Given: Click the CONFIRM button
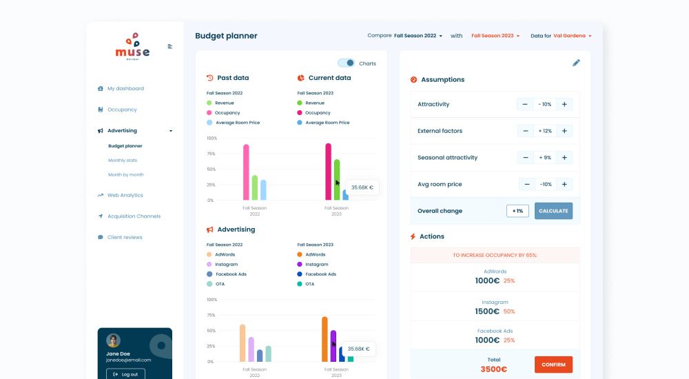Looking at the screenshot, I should pyautogui.click(x=553, y=365).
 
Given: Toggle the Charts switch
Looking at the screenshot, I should pyautogui.click(x=346, y=63).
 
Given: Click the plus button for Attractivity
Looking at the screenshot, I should pyautogui.click(x=564, y=104).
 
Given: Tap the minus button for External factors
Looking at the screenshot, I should pyautogui.click(x=525, y=131).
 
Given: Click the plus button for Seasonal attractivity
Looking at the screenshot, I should pyautogui.click(x=564, y=158).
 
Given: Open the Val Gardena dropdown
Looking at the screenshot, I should pyautogui.click(x=573, y=36).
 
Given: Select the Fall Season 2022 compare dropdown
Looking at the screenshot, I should pyautogui.click(x=418, y=36).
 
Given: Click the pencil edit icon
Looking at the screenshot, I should pyautogui.click(x=576, y=63).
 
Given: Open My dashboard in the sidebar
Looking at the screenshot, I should pyautogui.click(x=125, y=88).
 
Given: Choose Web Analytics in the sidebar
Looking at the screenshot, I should pyautogui.click(x=125, y=195).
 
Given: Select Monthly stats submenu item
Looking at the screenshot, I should pyautogui.click(x=123, y=161).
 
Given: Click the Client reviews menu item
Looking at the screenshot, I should pyautogui.click(x=125, y=237).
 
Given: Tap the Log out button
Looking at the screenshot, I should pyautogui.click(x=125, y=374).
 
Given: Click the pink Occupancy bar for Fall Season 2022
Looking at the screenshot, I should pyautogui.click(x=246, y=172).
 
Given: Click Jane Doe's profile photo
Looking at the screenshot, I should pyautogui.click(x=114, y=340).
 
